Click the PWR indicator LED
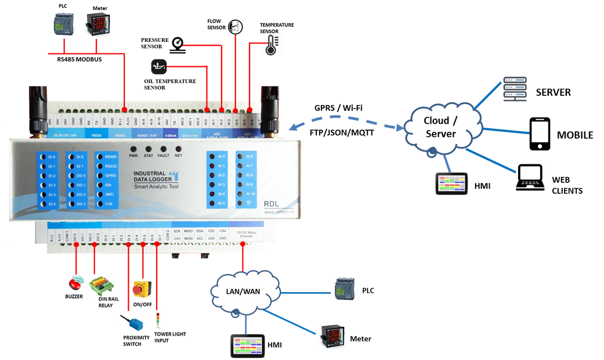(x=133, y=149)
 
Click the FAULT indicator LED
(x=163, y=149)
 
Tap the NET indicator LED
(x=178, y=149)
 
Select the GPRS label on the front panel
(x=110, y=175)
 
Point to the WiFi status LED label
(x=110, y=195)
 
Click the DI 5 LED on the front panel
(x=50, y=204)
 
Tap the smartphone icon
(x=539, y=134)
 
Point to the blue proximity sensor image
(x=131, y=322)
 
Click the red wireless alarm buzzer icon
(x=76, y=283)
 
